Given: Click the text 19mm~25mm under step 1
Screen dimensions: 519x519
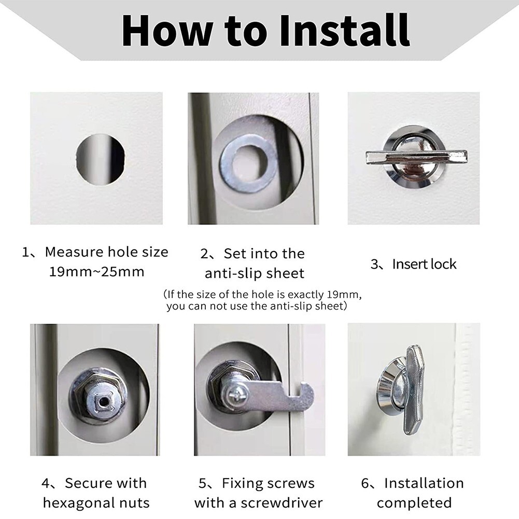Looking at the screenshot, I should pos(96,271).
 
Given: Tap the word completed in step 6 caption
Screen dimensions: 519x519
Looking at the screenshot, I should pos(414,502).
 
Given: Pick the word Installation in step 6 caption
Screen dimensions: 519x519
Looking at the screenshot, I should pos(424,483).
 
